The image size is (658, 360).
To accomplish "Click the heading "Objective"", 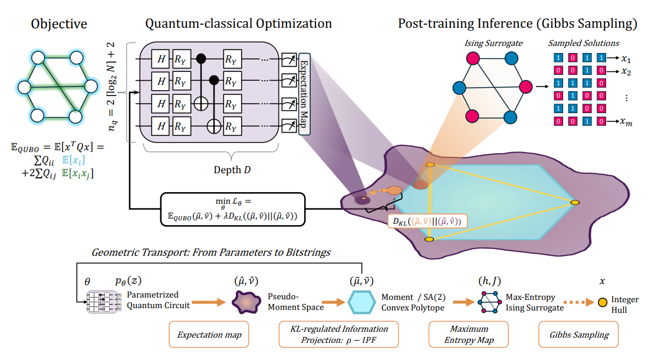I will pyautogui.click(x=59, y=24).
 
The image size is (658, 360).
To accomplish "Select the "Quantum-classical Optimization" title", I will pyautogui.click(x=238, y=24).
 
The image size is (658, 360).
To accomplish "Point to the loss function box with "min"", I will pyautogui.click(x=233, y=209).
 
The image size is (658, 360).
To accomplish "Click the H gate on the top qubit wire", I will pyautogui.click(x=159, y=58).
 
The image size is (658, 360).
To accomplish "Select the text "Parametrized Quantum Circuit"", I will pyautogui.click(x=154, y=300).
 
